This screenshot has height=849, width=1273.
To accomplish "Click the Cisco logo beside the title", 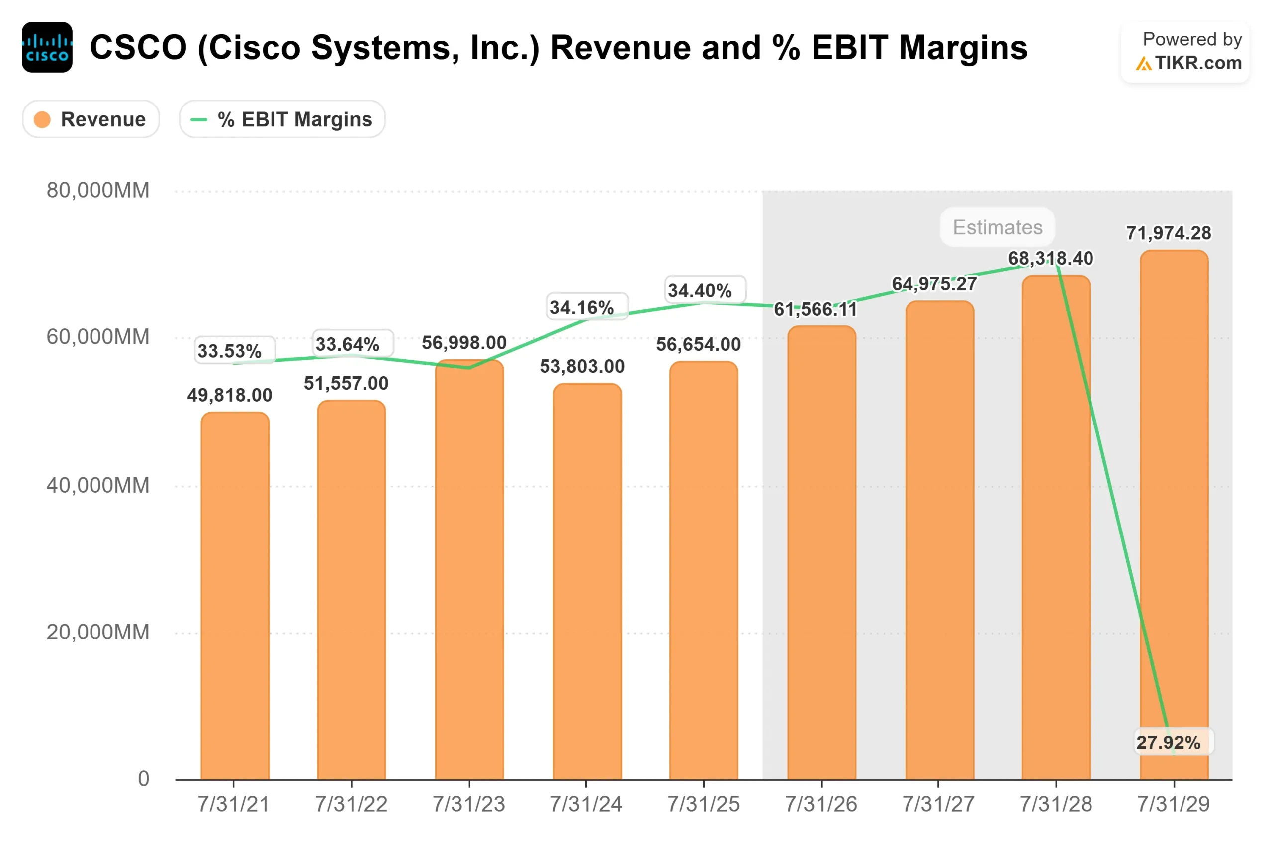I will (47, 47).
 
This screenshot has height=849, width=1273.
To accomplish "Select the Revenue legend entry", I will (91, 119).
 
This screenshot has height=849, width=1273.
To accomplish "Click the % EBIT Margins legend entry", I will (282, 119).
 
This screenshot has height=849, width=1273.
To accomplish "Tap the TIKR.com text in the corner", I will (1197, 63).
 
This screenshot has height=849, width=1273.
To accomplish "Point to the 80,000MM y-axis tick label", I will (98, 190).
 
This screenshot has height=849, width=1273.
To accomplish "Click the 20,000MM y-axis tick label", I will (98, 632).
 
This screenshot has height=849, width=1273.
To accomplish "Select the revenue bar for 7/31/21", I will (235, 596).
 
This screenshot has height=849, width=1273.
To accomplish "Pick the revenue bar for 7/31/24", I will (587, 582).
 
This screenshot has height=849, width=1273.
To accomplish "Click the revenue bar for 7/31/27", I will (939, 541).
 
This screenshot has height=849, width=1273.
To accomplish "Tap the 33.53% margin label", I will (229, 351).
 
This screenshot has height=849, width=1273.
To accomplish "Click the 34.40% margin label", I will (700, 290).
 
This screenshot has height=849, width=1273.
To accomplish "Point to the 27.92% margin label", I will (1168, 743).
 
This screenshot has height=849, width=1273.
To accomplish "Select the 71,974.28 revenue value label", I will (1168, 233).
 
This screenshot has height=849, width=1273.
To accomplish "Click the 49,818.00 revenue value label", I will (229, 395).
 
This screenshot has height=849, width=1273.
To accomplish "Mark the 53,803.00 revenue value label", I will (582, 367).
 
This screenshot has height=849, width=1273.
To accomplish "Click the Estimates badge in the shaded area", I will (997, 227).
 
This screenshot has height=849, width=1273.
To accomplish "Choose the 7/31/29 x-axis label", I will (1173, 804).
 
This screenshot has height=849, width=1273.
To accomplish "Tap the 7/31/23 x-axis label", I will (468, 804).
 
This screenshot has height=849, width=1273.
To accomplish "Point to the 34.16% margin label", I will (582, 307).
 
